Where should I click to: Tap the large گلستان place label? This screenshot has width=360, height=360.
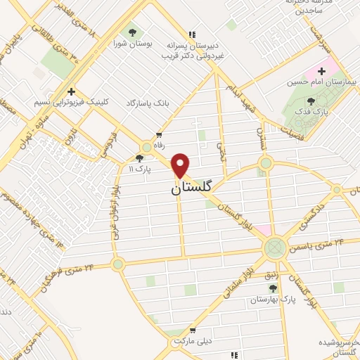point(192,188)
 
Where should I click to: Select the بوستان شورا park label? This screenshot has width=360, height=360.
point(133,43)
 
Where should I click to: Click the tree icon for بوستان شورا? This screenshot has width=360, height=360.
point(132,32)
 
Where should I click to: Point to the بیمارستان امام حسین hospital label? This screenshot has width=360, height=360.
point(316,82)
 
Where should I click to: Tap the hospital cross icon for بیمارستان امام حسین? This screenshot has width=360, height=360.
point(322,71)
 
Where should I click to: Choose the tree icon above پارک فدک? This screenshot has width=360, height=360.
point(311,101)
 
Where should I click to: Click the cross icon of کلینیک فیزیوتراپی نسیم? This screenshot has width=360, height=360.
point(71,91)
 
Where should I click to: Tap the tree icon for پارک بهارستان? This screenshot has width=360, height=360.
point(273,288)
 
